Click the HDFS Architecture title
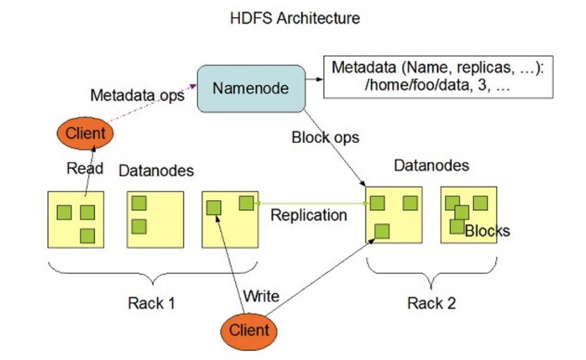(x=295, y=18)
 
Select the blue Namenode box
(x=251, y=89)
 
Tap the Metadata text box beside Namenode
(x=438, y=75)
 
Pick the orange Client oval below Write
(x=249, y=330)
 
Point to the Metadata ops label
(x=136, y=95)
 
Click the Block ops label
(x=325, y=137)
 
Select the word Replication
(x=308, y=215)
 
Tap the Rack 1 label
(x=152, y=303)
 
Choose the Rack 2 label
(x=431, y=303)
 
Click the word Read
(x=84, y=168)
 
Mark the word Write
(x=262, y=295)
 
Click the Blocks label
(x=487, y=230)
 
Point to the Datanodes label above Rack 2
(x=431, y=165)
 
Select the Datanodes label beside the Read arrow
(x=156, y=171)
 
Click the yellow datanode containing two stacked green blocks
(x=155, y=219)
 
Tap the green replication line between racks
(x=309, y=204)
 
